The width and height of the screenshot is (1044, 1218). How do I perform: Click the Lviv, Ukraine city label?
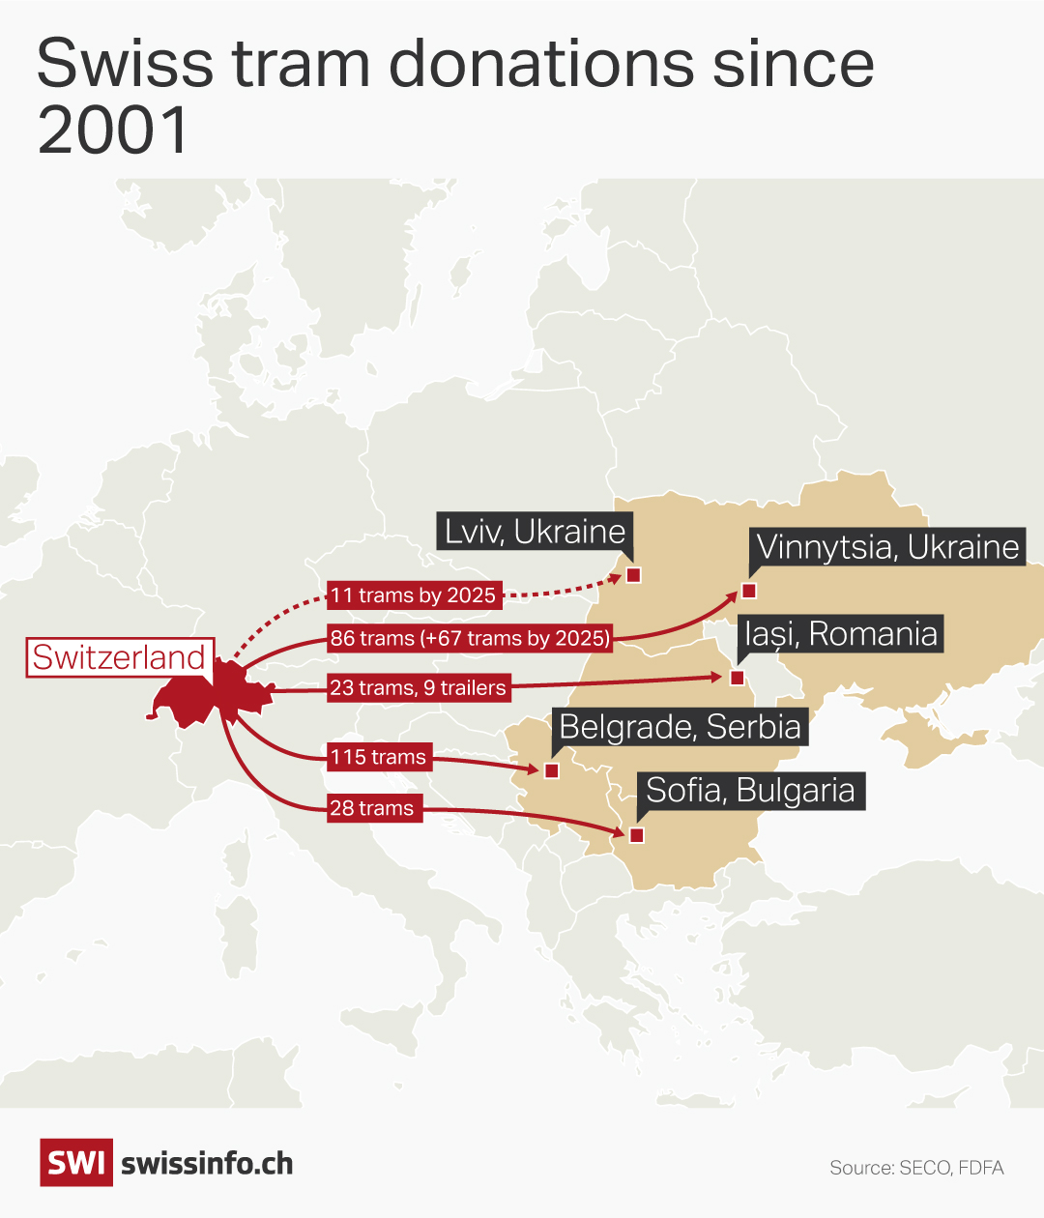click(535, 532)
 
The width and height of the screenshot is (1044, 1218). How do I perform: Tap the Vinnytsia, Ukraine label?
click(887, 547)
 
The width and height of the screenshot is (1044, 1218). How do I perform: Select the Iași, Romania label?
click(841, 634)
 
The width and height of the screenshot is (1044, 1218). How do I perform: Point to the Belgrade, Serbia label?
click(680, 727)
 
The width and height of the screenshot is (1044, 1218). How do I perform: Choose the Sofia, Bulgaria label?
click(750, 791)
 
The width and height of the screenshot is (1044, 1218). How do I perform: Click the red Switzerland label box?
click(119, 657)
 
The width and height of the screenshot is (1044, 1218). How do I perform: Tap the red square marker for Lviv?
click(634, 575)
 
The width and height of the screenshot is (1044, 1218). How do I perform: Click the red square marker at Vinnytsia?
click(748, 591)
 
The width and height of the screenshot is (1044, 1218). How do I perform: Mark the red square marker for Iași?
click(737, 678)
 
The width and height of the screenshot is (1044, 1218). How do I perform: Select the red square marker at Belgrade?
click(551, 770)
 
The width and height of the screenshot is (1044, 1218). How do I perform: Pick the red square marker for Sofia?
click(636, 835)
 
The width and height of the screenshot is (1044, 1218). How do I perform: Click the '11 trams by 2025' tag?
click(413, 595)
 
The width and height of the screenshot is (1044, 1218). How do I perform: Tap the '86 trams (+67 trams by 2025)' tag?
click(470, 638)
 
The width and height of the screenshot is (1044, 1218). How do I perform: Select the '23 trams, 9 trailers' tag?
click(418, 688)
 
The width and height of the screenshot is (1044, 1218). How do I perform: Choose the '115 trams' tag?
click(378, 757)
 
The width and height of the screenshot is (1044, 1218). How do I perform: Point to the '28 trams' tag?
click(371, 808)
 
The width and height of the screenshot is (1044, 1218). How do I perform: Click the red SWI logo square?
click(75, 1163)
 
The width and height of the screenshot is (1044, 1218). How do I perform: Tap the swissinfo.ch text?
click(207, 1164)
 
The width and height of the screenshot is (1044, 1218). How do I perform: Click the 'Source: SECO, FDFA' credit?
click(916, 1168)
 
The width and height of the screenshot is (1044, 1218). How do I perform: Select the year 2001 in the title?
click(113, 130)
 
